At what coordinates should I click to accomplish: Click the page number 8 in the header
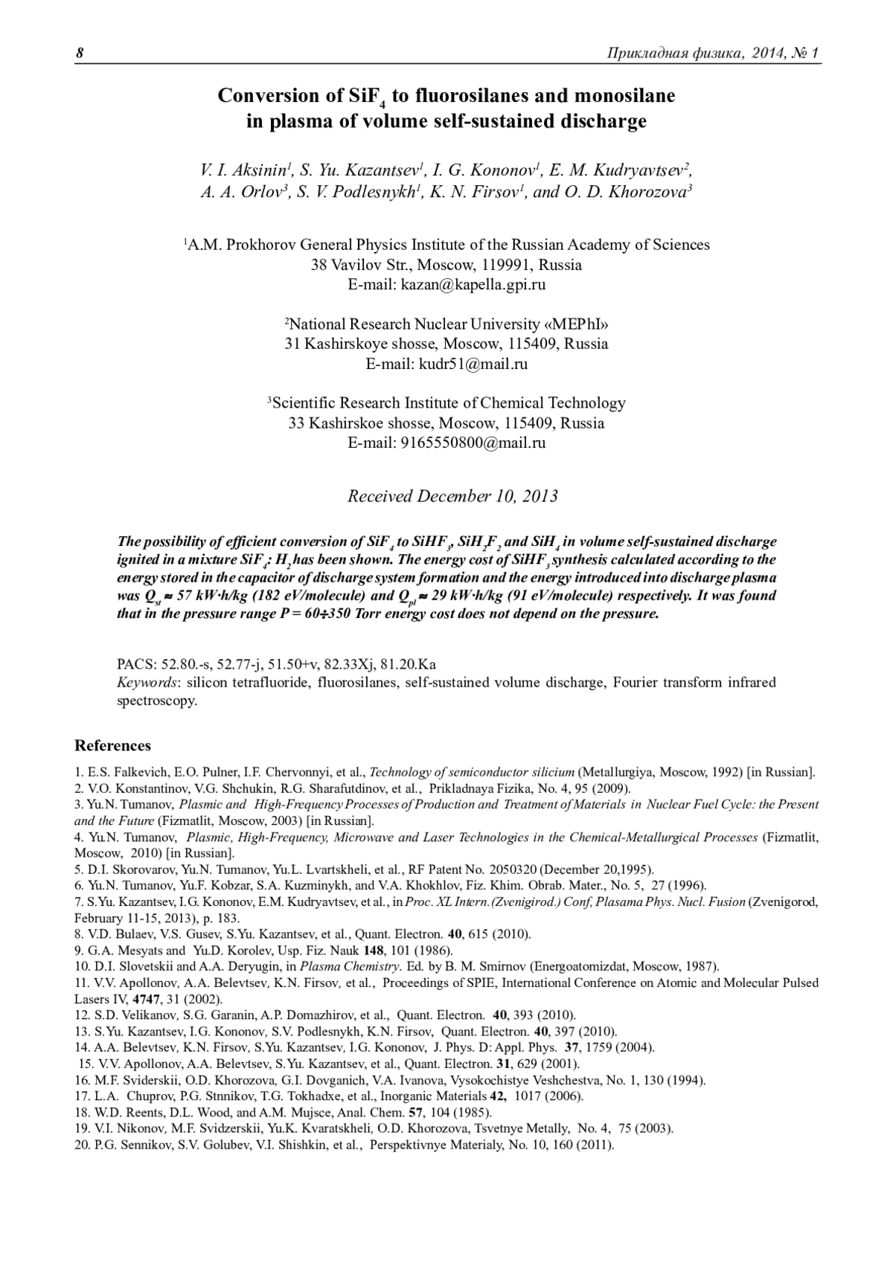pos(80,54)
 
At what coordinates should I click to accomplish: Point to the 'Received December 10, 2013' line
pos(452,496)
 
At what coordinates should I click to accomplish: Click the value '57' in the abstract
pos(185,596)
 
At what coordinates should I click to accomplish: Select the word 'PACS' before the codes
pos(136,664)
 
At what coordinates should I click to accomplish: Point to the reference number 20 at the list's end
pos(82,1145)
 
